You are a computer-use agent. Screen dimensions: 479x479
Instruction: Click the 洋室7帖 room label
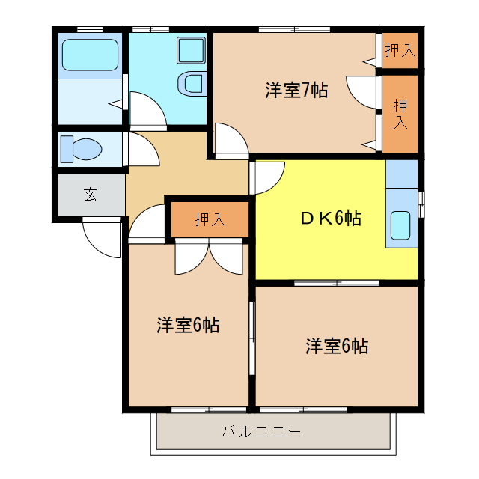point(296,91)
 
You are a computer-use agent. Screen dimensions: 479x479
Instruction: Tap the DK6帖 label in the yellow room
point(332,219)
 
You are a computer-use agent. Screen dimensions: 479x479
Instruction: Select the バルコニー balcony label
point(261,432)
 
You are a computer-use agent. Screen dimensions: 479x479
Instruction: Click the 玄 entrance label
point(90,195)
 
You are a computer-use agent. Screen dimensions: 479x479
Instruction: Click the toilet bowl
point(83,148)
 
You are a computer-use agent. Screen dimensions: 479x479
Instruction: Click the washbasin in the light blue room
point(192,83)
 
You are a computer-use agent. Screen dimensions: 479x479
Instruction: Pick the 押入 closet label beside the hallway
point(210,219)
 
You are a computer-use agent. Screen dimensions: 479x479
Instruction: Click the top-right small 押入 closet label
point(400,51)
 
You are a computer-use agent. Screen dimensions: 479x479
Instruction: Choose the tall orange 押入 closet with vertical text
point(400,112)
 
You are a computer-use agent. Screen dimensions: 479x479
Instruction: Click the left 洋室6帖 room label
point(188,326)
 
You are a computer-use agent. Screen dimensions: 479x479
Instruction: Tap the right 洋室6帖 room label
point(336,347)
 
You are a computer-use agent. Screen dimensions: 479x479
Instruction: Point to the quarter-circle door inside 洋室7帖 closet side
point(361,91)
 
